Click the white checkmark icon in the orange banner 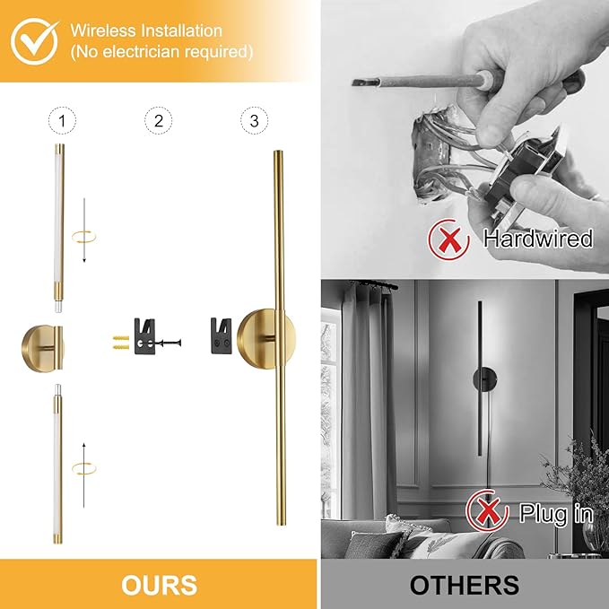(34, 41)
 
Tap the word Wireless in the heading (103, 30)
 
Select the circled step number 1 (62, 121)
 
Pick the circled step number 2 (159, 121)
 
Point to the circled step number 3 (255, 121)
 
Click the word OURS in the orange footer (160, 585)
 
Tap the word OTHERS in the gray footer (464, 585)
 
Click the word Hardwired (538, 238)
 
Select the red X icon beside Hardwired (449, 239)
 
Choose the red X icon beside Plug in (487, 510)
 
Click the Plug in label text (556, 513)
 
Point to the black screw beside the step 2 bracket (169, 343)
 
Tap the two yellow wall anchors (121, 343)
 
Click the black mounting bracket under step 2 (144, 336)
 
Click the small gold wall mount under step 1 (42, 349)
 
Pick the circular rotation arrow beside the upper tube (83, 237)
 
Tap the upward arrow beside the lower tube (84, 475)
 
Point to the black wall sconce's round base (485, 379)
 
